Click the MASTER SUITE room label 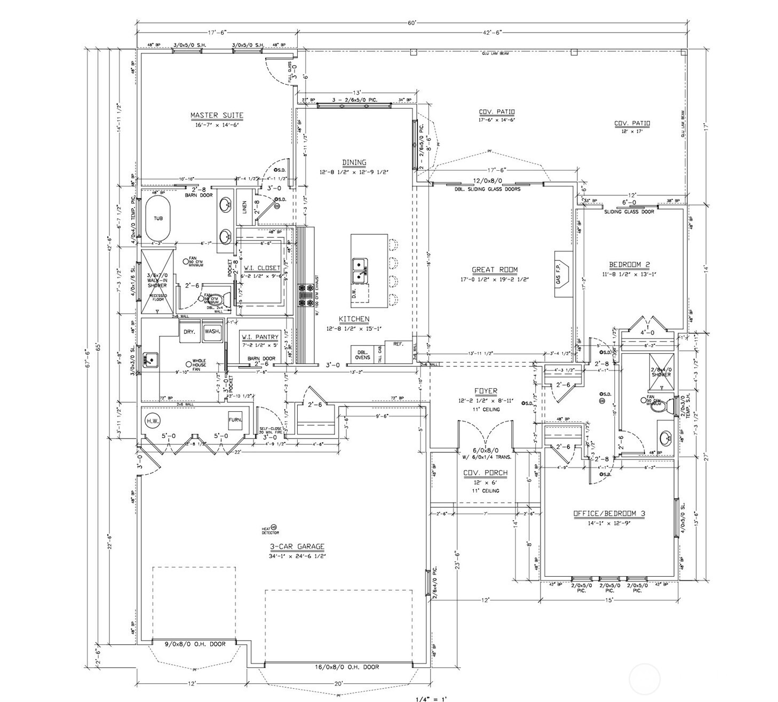(x=217, y=115)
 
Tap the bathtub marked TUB (x=158, y=219)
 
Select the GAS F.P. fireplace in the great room (x=563, y=275)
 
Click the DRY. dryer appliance (x=189, y=331)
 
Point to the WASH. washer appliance (x=212, y=331)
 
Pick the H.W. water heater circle (x=153, y=421)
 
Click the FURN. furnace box (x=235, y=420)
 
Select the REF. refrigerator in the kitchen (x=398, y=344)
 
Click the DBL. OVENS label (x=362, y=354)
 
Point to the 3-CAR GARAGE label (x=297, y=547)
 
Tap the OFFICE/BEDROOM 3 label (x=609, y=514)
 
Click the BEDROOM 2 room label (x=629, y=265)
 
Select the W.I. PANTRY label (x=259, y=337)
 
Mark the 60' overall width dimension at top (x=411, y=23)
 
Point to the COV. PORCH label (x=485, y=473)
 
